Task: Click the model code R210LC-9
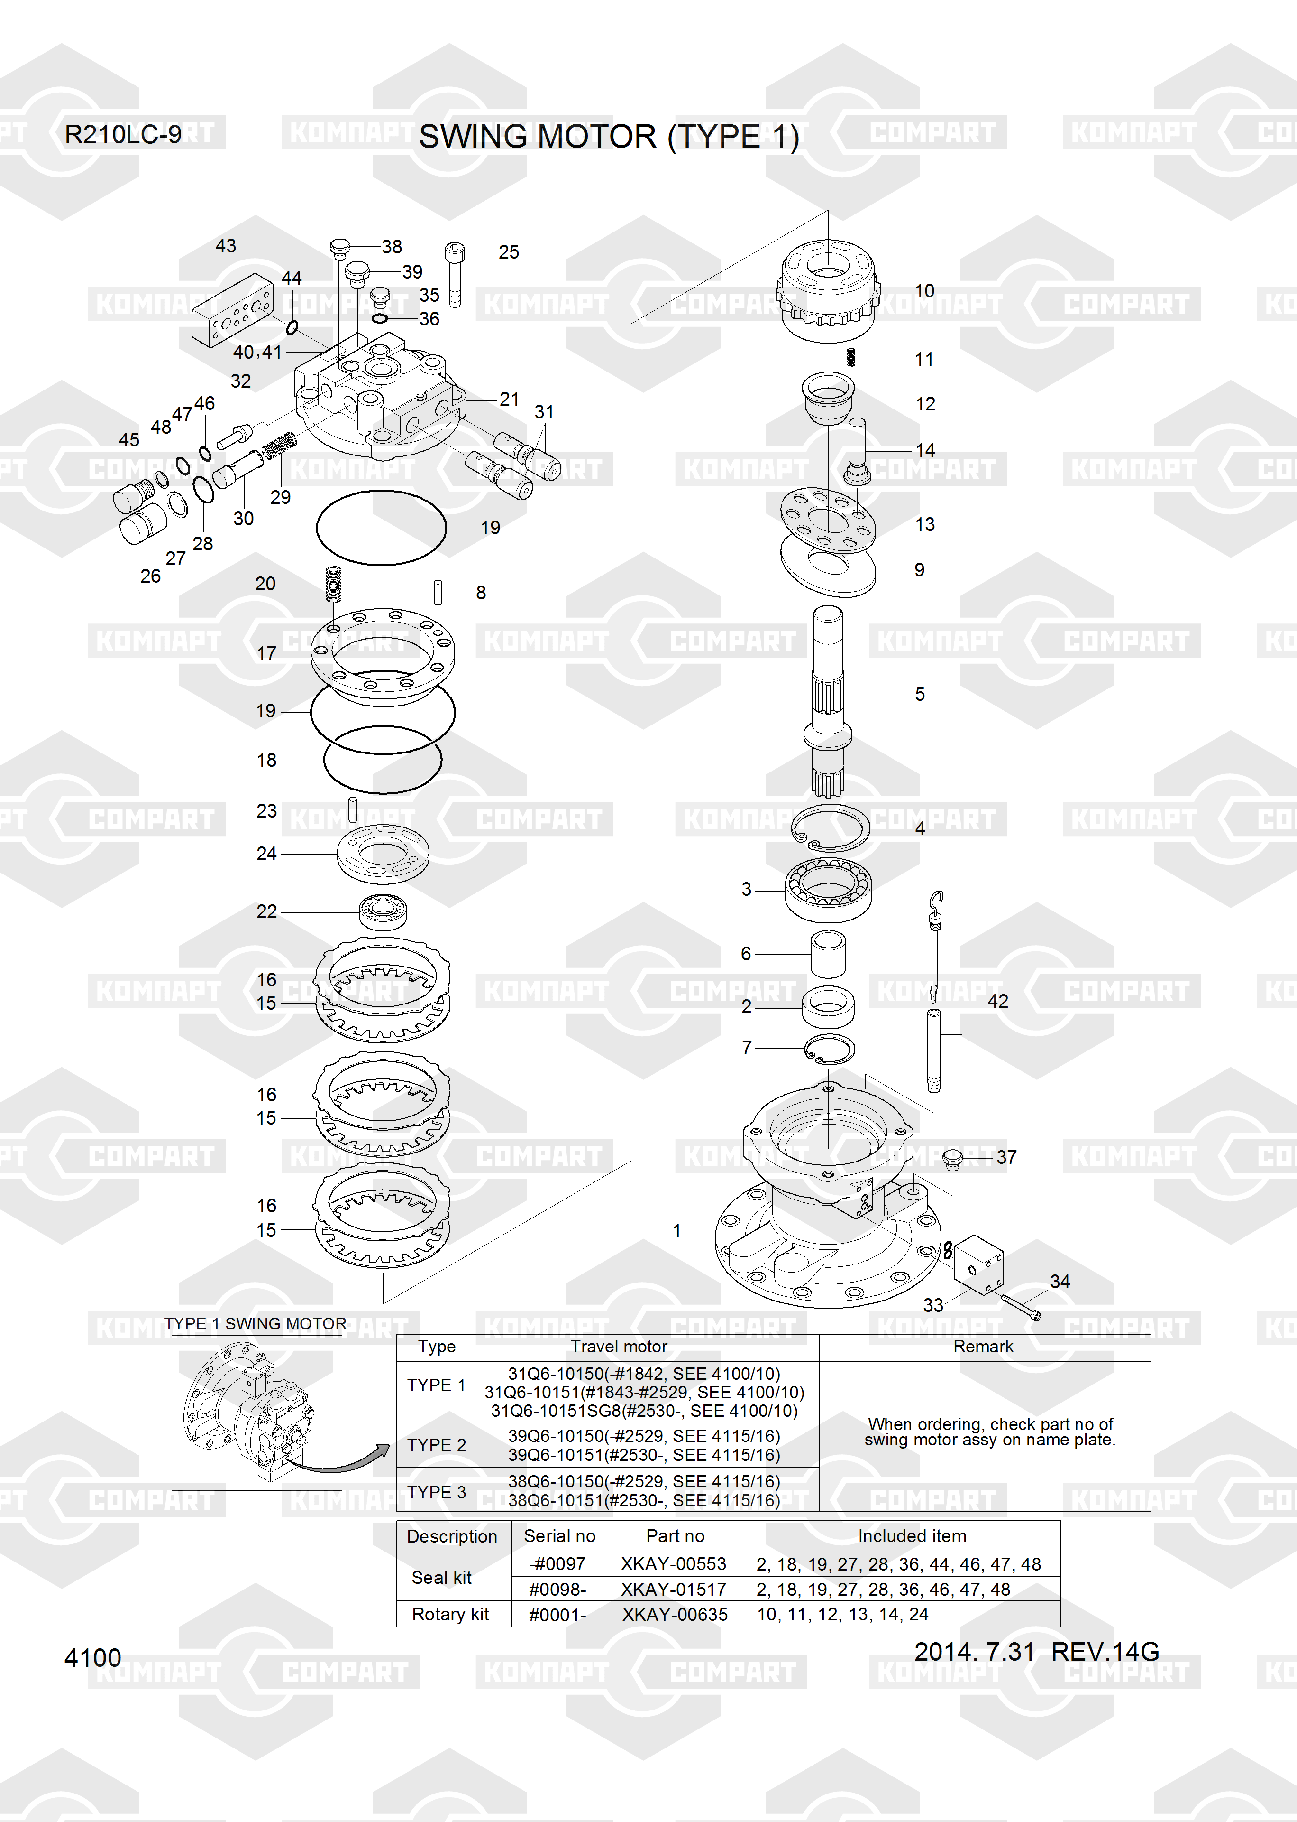click(123, 134)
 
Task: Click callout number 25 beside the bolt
click(509, 252)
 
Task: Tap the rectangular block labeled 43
click(232, 310)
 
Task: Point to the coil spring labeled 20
click(334, 583)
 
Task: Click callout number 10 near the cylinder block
click(924, 291)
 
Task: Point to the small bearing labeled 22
click(384, 911)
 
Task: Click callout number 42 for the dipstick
click(997, 1001)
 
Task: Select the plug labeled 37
click(952, 1159)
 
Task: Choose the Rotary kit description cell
click(450, 1614)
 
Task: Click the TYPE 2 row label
click(436, 1445)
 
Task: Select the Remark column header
click(983, 1347)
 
